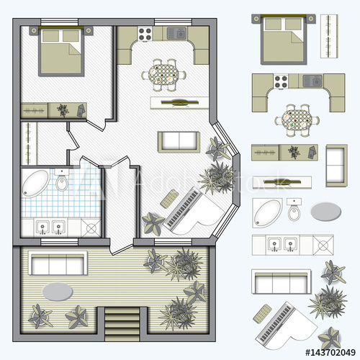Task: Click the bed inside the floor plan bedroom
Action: (62, 51)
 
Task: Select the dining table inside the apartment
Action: (163, 74)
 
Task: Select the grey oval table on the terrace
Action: (58, 292)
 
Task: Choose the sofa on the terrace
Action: (57, 264)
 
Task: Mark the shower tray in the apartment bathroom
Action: (92, 228)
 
